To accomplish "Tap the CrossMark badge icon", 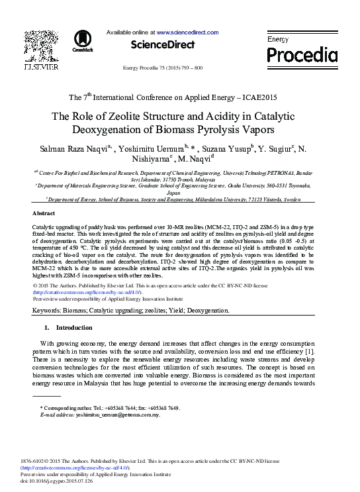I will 83,40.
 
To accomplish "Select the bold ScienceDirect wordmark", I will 163,44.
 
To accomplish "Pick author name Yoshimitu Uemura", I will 152,148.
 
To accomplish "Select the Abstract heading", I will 44,214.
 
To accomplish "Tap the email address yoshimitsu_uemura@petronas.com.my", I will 118,415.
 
